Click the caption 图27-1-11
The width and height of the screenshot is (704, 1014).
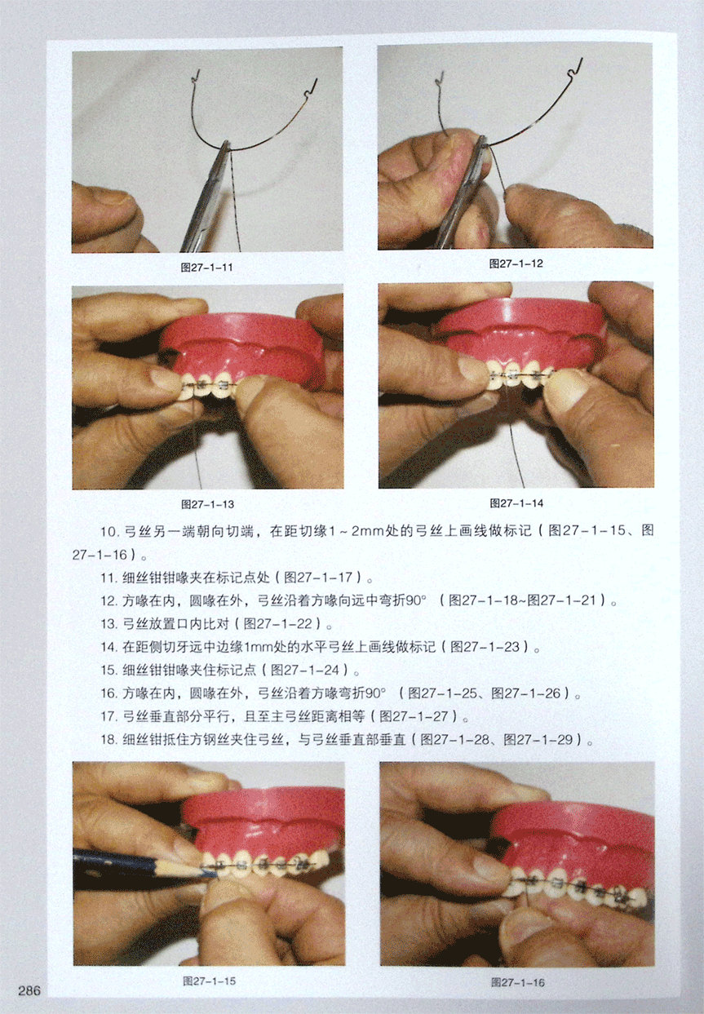point(206,268)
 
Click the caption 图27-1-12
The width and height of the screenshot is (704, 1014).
point(516,263)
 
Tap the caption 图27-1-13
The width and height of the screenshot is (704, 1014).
point(208,504)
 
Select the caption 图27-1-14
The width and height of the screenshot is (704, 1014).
point(516,503)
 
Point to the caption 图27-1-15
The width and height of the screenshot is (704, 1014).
point(209,981)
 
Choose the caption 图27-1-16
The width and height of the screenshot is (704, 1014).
point(518,982)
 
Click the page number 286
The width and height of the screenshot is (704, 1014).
point(29,990)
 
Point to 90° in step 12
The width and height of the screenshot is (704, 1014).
point(416,600)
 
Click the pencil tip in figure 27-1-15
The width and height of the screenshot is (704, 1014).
point(216,873)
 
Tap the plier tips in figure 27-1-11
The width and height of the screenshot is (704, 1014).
point(225,145)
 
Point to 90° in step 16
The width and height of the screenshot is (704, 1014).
point(376,693)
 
